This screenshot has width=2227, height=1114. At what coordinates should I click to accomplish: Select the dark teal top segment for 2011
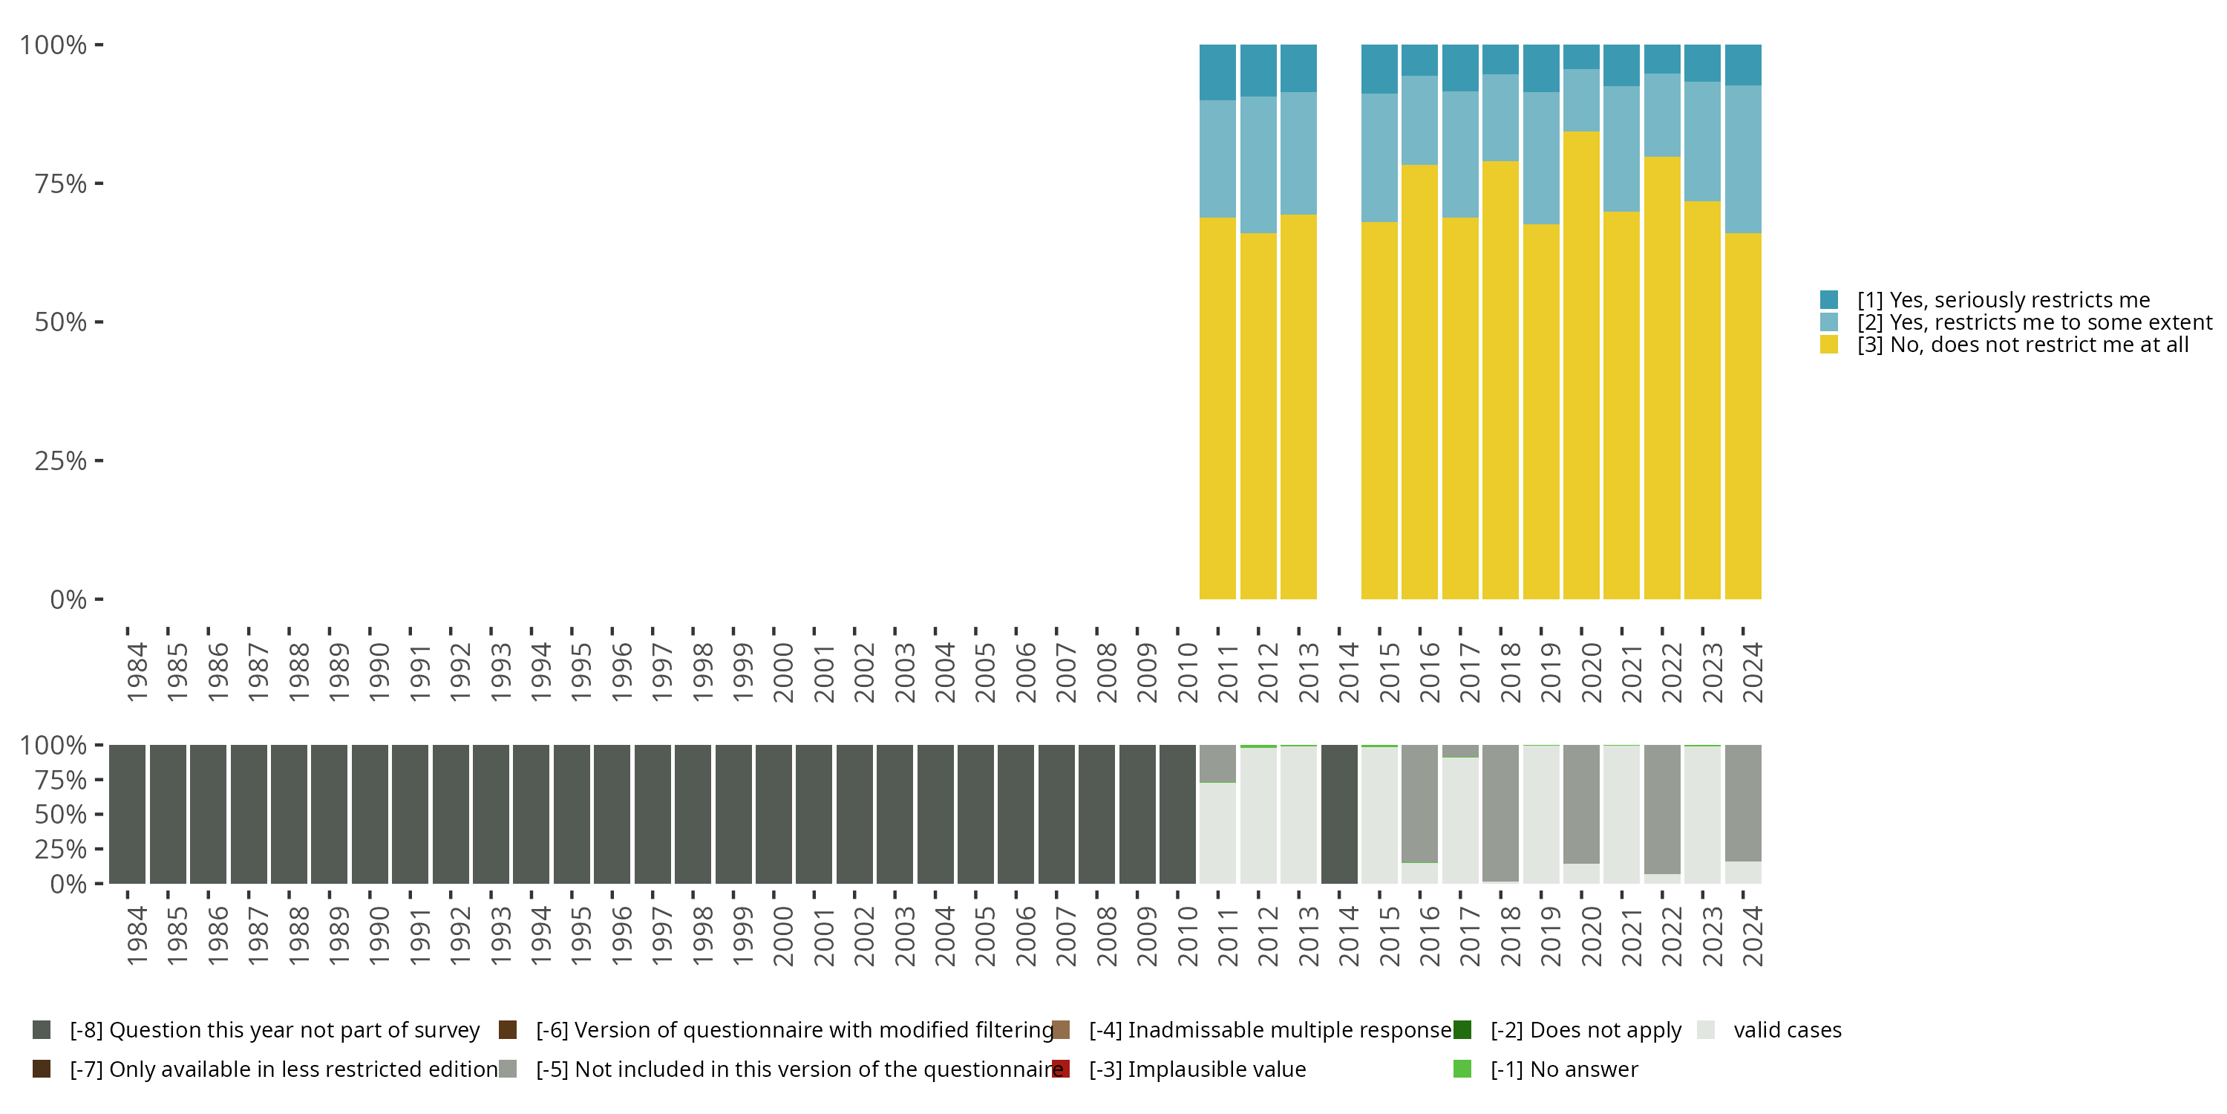(1217, 72)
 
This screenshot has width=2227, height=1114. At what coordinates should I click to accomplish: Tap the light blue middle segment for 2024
(1743, 159)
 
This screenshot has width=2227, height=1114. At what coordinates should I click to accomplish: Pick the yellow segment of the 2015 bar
(1379, 411)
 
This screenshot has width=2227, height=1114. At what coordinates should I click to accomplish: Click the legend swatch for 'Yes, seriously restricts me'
(1828, 300)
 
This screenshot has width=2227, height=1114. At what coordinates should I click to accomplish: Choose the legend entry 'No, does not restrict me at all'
(2023, 345)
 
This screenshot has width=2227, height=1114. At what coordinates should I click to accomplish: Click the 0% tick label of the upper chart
(68, 599)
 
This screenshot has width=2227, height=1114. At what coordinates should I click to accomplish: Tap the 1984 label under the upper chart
(137, 672)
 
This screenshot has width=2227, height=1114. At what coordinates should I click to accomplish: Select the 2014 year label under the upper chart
(1349, 672)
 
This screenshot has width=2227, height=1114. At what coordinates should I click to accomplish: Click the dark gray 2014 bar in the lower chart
(1339, 814)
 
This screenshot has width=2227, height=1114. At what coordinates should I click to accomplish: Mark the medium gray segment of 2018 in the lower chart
(1500, 813)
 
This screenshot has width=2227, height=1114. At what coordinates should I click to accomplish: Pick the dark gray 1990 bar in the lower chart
(369, 814)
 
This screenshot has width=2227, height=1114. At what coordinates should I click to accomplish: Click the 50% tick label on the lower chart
(59, 815)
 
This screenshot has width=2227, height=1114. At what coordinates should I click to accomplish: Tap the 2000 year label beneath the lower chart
(782, 937)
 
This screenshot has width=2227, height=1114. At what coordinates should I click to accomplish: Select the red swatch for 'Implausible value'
(1061, 1069)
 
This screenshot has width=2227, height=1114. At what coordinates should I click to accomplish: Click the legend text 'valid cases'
(1787, 1030)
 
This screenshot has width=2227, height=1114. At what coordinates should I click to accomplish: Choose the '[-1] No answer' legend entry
(1563, 1069)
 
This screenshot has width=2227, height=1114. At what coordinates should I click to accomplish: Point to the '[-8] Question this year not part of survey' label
(274, 1030)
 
